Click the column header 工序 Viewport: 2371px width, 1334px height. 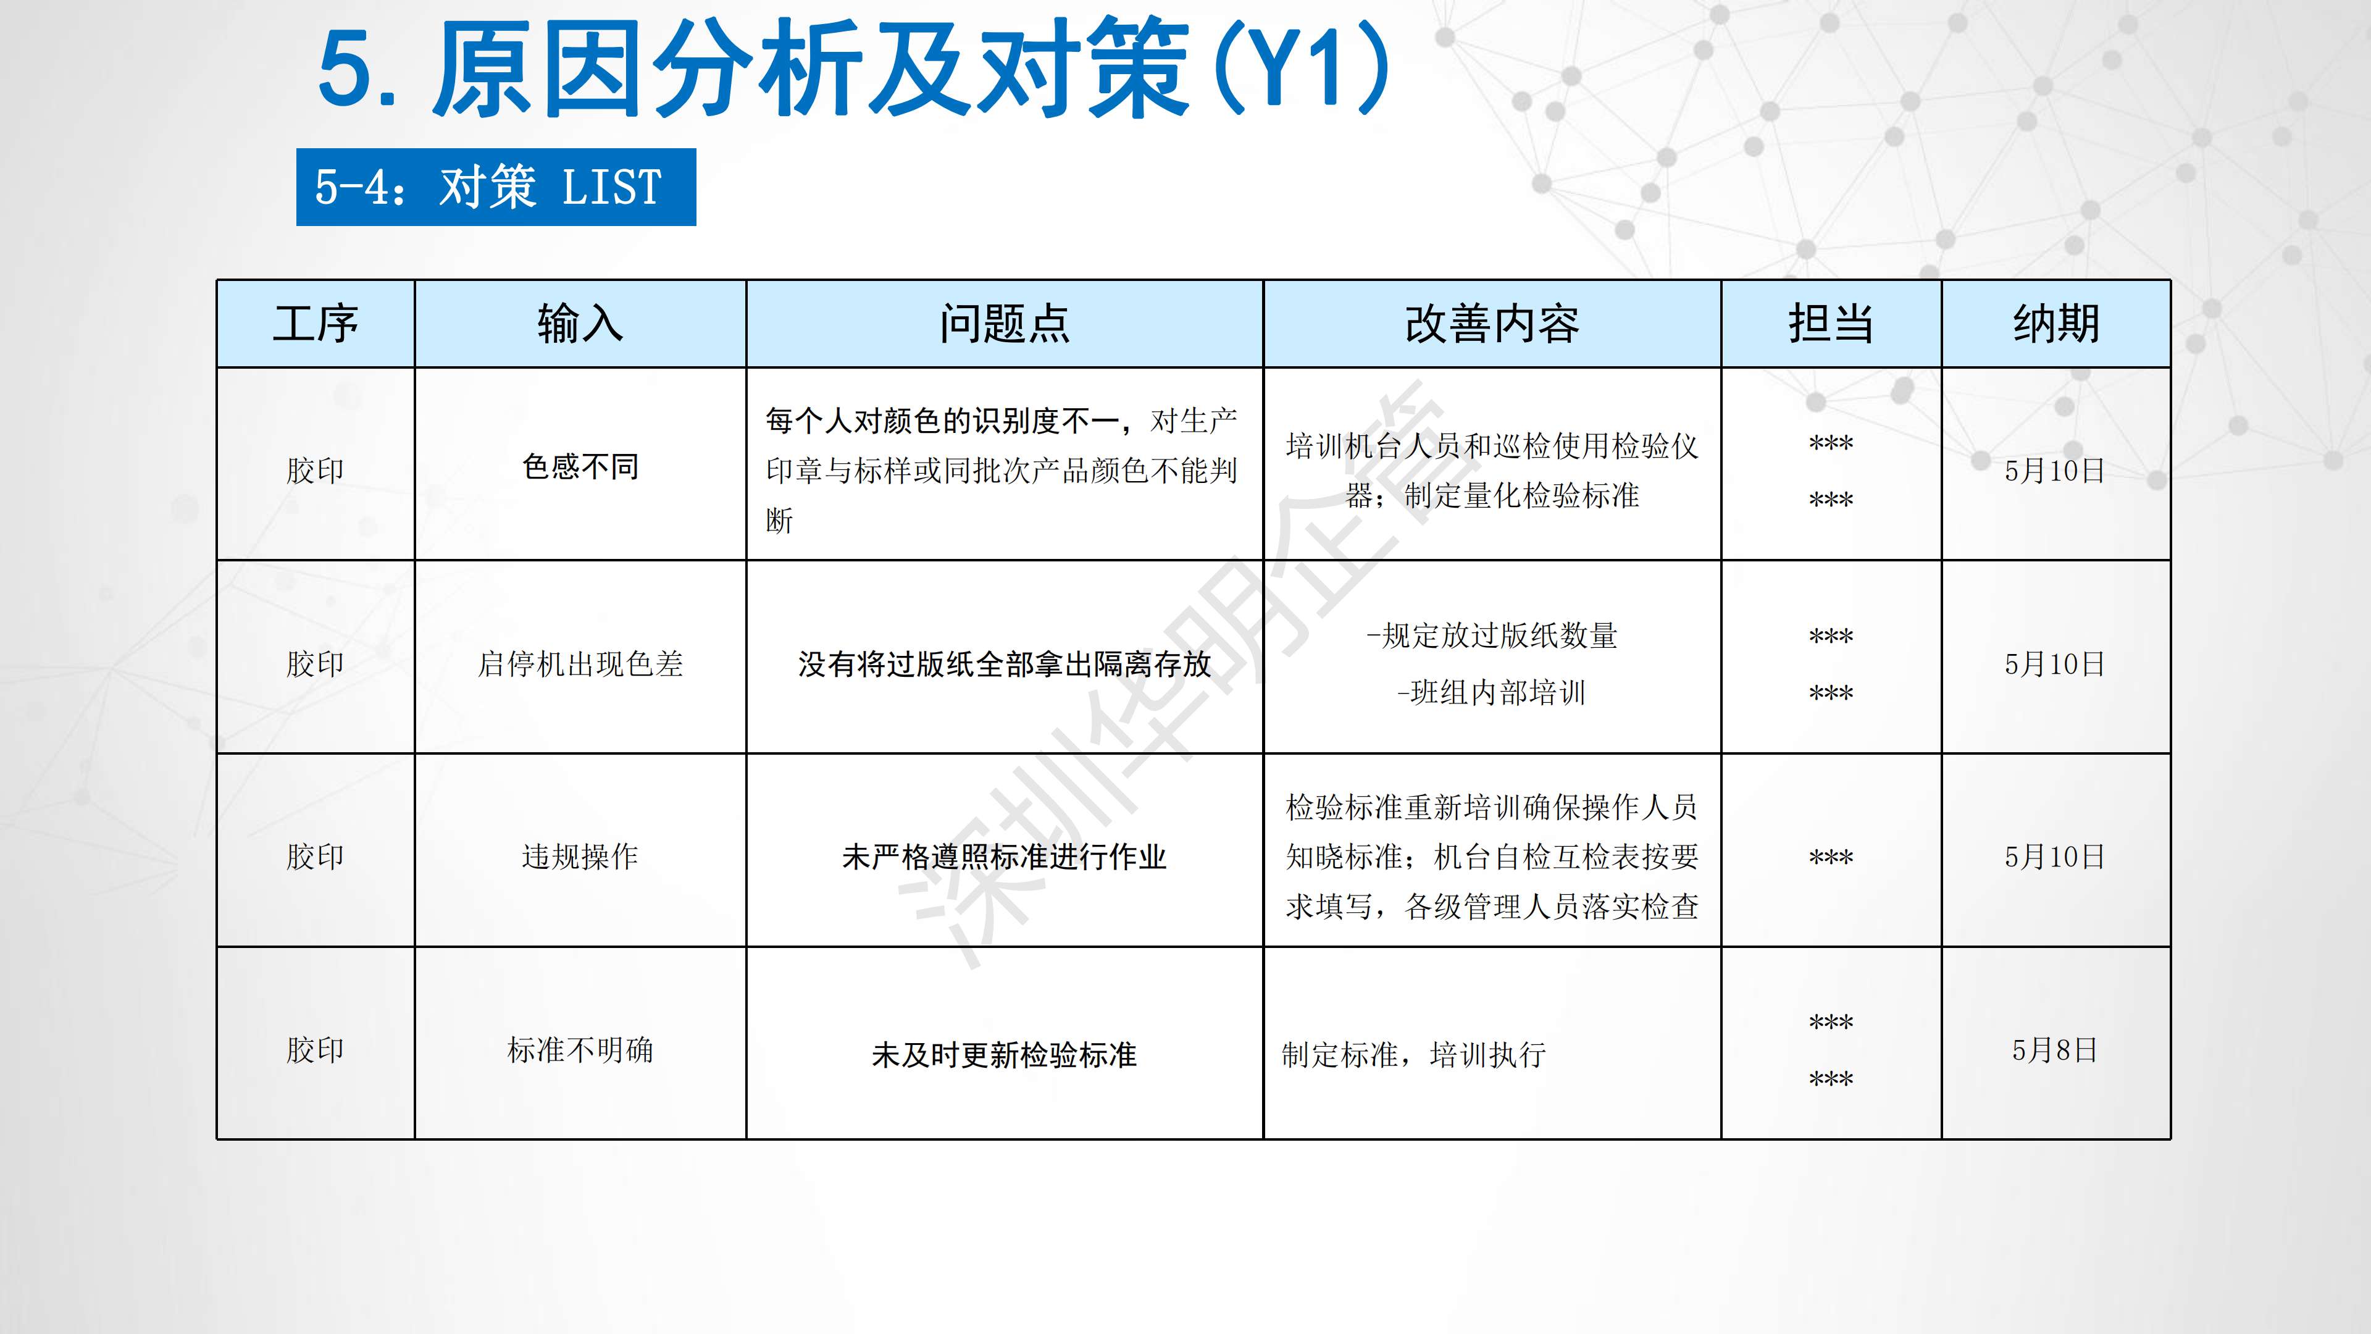[315, 324]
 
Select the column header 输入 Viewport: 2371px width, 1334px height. [580, 324]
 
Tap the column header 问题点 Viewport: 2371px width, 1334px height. [1004, 324]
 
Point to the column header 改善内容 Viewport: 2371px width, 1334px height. [1492, 324]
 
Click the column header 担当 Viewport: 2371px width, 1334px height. [1831, 324]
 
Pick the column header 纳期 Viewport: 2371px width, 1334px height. [2056, 324]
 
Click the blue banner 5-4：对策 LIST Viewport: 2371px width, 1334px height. [496, 187]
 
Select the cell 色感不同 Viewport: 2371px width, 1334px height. [580, 467]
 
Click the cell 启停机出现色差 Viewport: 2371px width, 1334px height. [580, 664]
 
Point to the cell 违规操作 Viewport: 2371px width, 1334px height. [580, 857]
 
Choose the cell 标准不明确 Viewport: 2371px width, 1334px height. [580, 1051]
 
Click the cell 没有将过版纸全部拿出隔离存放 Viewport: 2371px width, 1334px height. [1004, 664]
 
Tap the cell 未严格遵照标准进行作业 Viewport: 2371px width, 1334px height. [1004, 857]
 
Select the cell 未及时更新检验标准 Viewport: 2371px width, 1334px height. [1004, 1055]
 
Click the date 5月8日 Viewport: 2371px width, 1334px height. [2055, 1051]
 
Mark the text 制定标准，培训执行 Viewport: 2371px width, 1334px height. [1414, 1055]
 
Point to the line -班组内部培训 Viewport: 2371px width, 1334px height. [1491, 692]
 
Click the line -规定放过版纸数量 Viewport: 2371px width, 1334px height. [1492, 636]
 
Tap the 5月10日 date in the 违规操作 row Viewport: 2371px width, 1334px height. [2055, 857]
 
